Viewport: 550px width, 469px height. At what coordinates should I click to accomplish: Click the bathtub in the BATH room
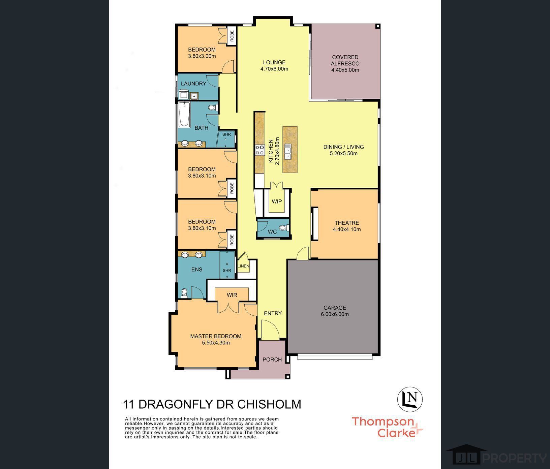click(184, 114)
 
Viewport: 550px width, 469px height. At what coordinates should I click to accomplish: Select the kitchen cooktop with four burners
click(260, 150)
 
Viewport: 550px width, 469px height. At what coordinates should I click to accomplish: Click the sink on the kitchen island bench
click(288, 151)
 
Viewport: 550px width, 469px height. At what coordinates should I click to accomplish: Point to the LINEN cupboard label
click(243, 266)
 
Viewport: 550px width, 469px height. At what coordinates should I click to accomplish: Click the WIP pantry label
click(277, 201)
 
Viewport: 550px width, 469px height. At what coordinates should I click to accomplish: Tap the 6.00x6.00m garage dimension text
click(335, 314)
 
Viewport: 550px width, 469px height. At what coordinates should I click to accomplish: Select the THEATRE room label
click(347, 223)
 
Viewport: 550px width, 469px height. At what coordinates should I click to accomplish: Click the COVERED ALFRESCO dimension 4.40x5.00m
click(345, 70)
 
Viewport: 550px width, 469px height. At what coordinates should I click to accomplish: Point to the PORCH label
click(272, 359)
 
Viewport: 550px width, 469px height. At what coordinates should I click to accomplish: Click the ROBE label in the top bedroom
click(232, 36)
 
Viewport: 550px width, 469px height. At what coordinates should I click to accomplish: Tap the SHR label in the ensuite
click(227, 270)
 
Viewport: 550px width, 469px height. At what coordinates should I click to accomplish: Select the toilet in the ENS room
click(184, 293)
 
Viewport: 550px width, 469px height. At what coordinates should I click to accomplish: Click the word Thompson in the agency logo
click(383, 421)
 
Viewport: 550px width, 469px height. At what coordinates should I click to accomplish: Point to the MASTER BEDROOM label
click(216, 336)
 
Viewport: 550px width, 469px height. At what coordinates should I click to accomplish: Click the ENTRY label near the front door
click(273, 313)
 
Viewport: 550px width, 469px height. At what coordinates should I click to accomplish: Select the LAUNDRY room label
click(193, 84)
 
